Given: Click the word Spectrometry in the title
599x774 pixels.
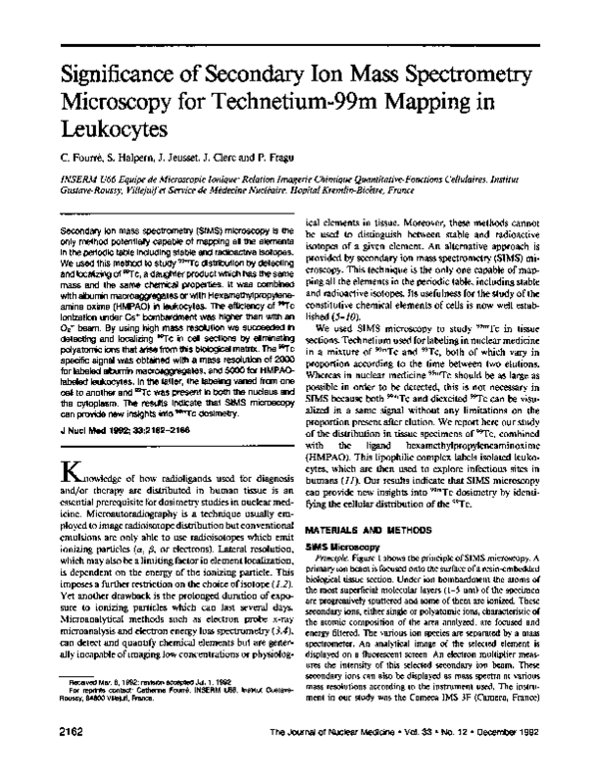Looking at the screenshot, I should coord(464,75).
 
